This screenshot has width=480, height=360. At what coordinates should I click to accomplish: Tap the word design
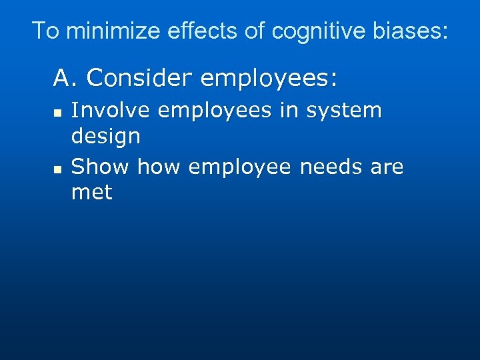[106, 137]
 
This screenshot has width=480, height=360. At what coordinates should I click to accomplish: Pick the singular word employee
[239, 167]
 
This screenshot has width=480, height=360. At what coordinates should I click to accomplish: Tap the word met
[92, 193]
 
